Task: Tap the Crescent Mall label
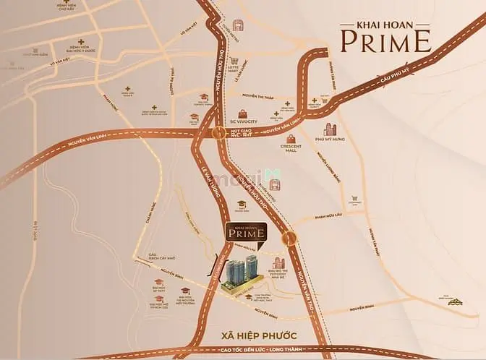click(x=291, y=150)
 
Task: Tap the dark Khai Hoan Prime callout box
click(x=245, y=232)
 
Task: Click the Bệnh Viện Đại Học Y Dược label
click(x=80, y=48)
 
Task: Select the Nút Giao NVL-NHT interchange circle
click(x=218, y=132)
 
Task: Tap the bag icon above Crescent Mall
click(x=291, y=138)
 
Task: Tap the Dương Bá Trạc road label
click(x=172, y=76)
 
